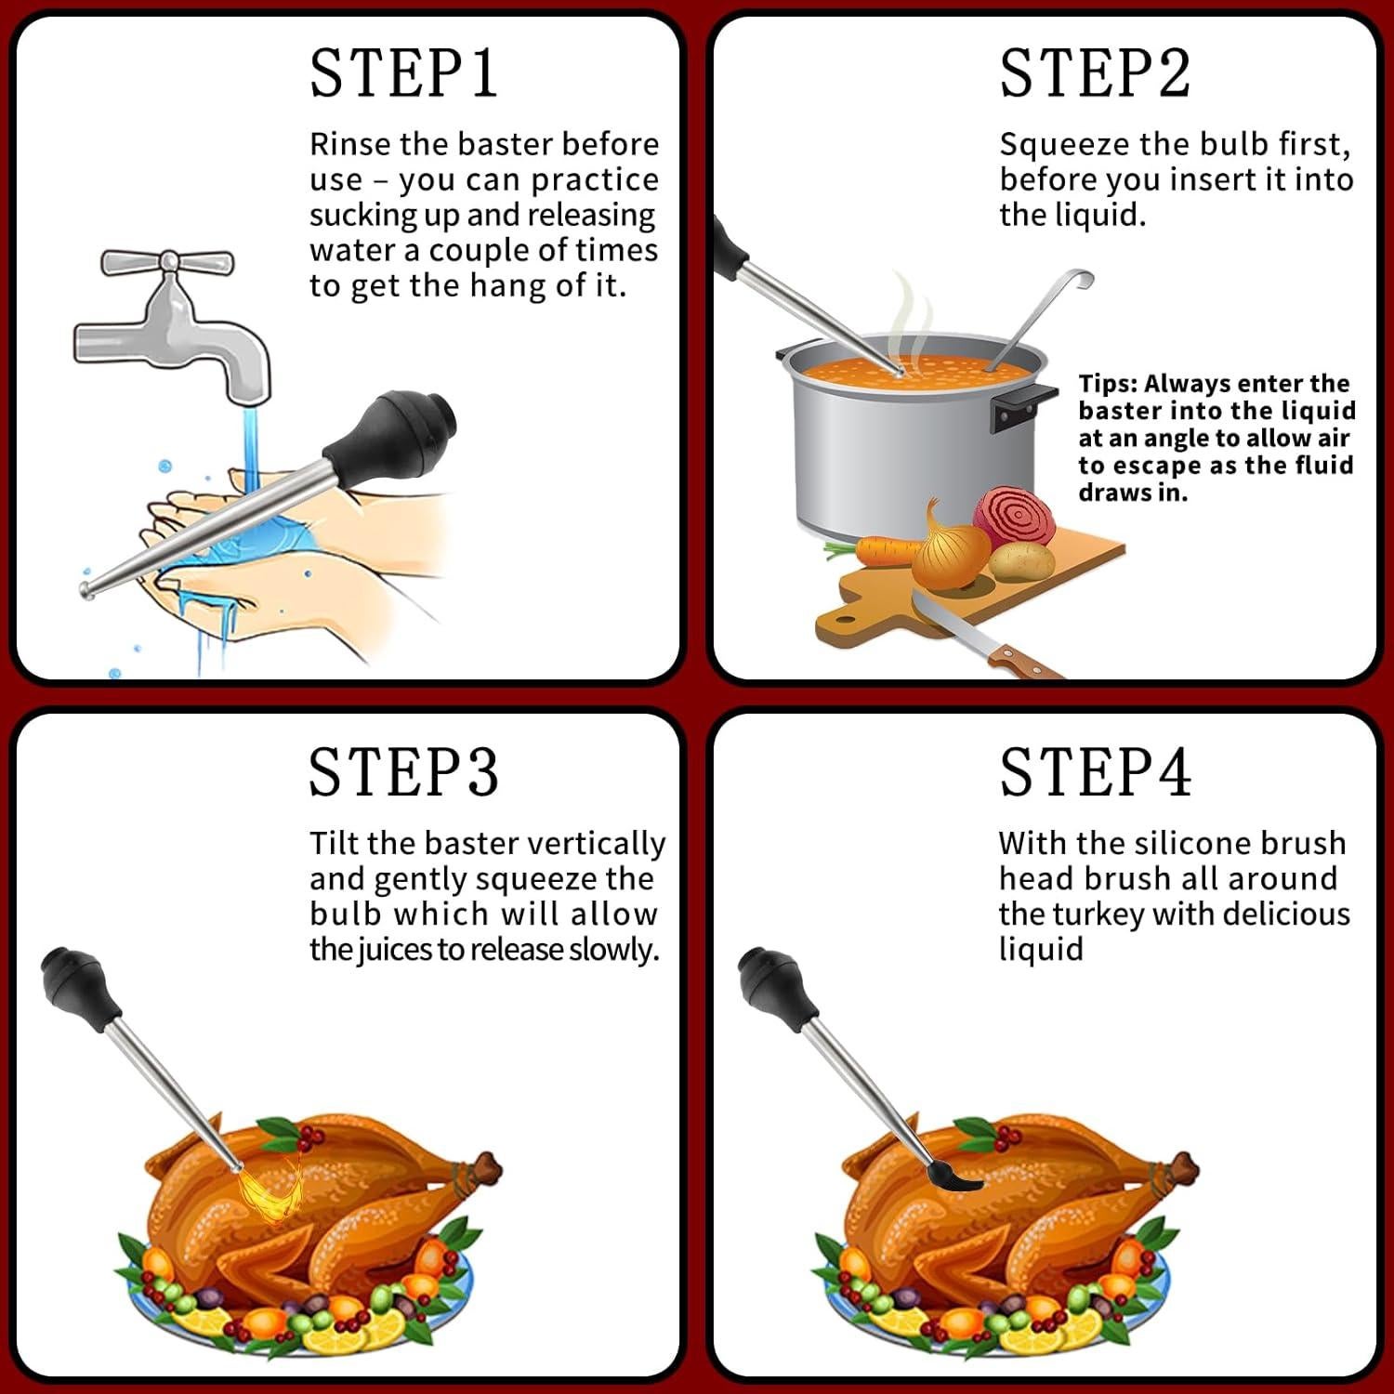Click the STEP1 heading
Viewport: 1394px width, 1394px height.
tap(403, 73)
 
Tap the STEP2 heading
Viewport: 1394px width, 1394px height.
tap(1095, 73)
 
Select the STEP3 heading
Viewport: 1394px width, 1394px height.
tap(403, 772)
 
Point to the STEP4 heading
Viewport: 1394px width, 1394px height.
tap(1095, 772)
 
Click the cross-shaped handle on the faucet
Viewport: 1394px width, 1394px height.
tap(167, 262)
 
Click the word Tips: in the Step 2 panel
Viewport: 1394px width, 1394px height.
tap(1108, 384)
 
